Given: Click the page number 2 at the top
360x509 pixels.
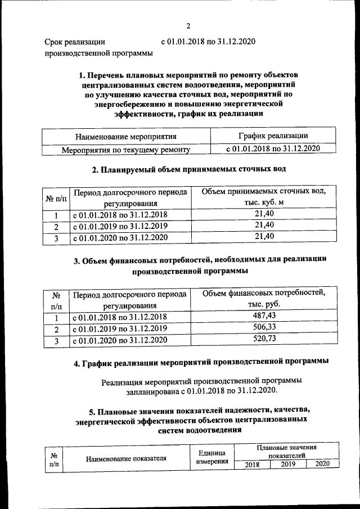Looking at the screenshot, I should click(189, 25).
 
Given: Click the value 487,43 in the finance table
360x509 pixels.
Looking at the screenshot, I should click(264, 316).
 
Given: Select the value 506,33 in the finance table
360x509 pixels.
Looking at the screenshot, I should click(264, 327).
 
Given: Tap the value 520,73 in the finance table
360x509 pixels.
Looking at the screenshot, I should click(264, 339).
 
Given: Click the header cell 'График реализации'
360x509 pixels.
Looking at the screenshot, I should click(272, 136).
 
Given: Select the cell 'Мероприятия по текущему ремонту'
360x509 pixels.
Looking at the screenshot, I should click(125, 149).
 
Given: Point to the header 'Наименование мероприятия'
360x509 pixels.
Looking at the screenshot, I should click(125, 136).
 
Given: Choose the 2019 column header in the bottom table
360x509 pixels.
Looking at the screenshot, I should click(287, 464).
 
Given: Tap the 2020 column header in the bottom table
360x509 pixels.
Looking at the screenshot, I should click(322, 464).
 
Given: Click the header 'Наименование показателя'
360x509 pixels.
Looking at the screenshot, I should click(127, 458).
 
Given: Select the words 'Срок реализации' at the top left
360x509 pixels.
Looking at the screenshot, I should click(75, 42).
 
